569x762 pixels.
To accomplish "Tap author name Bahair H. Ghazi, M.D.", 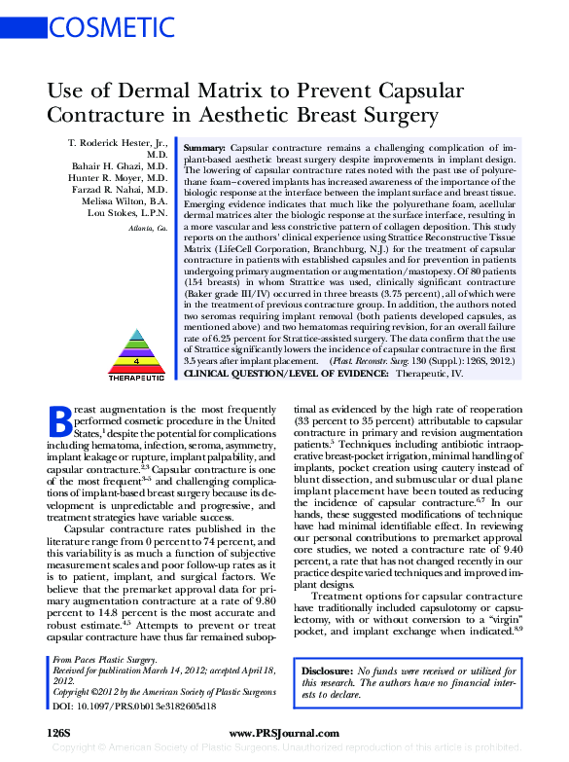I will (119, 166).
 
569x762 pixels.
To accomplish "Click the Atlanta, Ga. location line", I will (148, 228).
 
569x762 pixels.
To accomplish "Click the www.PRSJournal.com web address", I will (283, 730).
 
